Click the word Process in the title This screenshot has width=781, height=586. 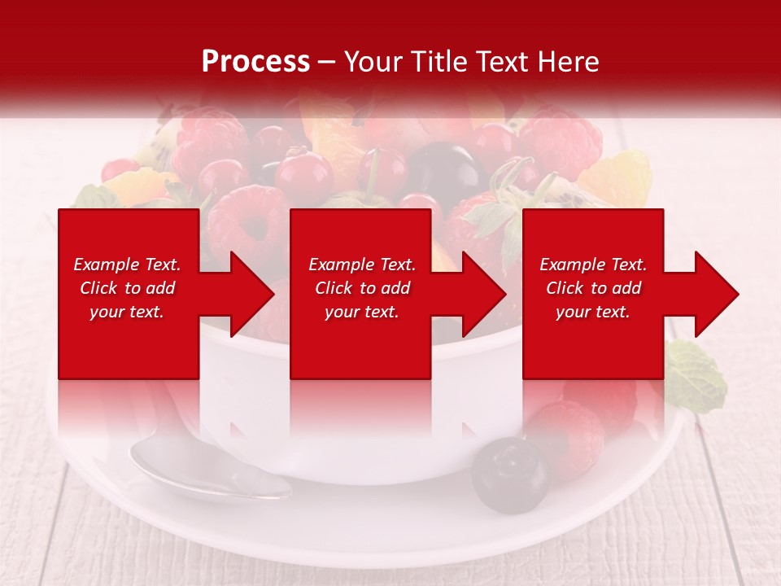pos(255,62)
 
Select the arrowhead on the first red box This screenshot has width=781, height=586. pos(248,294)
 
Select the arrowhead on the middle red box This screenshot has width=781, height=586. pos(481,294)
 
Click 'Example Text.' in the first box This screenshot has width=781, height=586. pos(127,265)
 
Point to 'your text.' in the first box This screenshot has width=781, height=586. pos(127,312)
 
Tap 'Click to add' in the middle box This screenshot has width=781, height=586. pos(362,288)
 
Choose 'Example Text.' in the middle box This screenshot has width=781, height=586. pos(362,265)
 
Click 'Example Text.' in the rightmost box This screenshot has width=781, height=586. pos(593,265)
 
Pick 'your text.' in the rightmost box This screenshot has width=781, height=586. pos(593,312)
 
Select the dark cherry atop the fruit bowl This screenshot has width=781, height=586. pos(443,171)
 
